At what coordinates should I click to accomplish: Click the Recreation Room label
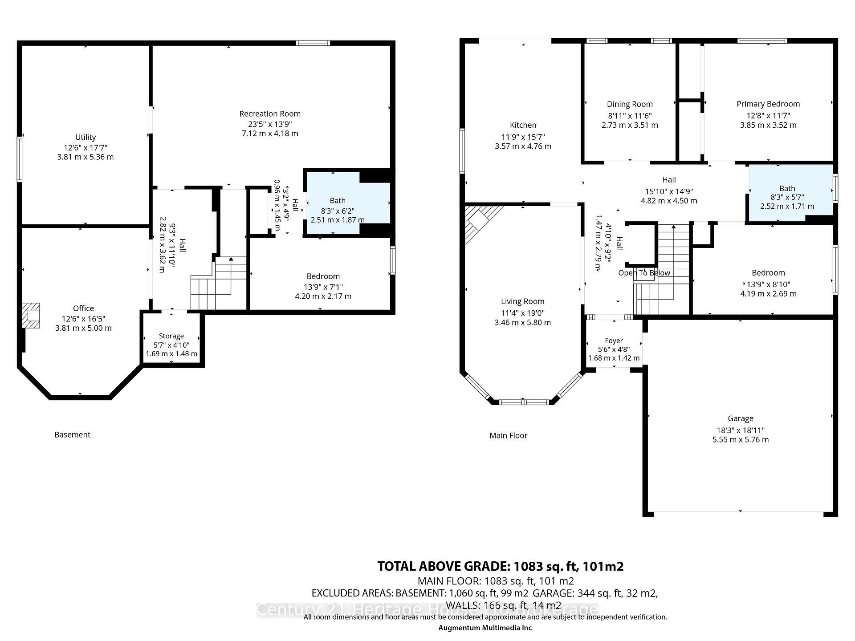click(270, 114)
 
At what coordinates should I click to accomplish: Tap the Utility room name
click(85, 137)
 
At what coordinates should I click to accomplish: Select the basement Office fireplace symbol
click(32, 315)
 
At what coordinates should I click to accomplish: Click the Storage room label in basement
click(171, 336)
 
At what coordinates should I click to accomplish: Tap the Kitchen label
click(523, 125)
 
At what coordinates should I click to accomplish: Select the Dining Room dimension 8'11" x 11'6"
click(630, 115)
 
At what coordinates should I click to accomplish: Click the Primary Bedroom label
click(768, 104)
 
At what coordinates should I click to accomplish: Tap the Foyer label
click(614, 341)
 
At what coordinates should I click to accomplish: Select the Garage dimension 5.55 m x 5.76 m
click(740, 440)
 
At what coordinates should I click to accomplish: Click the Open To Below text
click(644, 273)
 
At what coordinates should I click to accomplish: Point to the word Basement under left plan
click(72, 434)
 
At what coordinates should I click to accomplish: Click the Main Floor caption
click(508, 435)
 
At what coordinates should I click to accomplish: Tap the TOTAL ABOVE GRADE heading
click(500, 566)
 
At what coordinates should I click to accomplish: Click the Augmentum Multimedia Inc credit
click(485, 628)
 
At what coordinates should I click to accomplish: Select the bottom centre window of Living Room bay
click(524, 402)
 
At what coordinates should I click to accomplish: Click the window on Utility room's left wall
click(20, 159)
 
